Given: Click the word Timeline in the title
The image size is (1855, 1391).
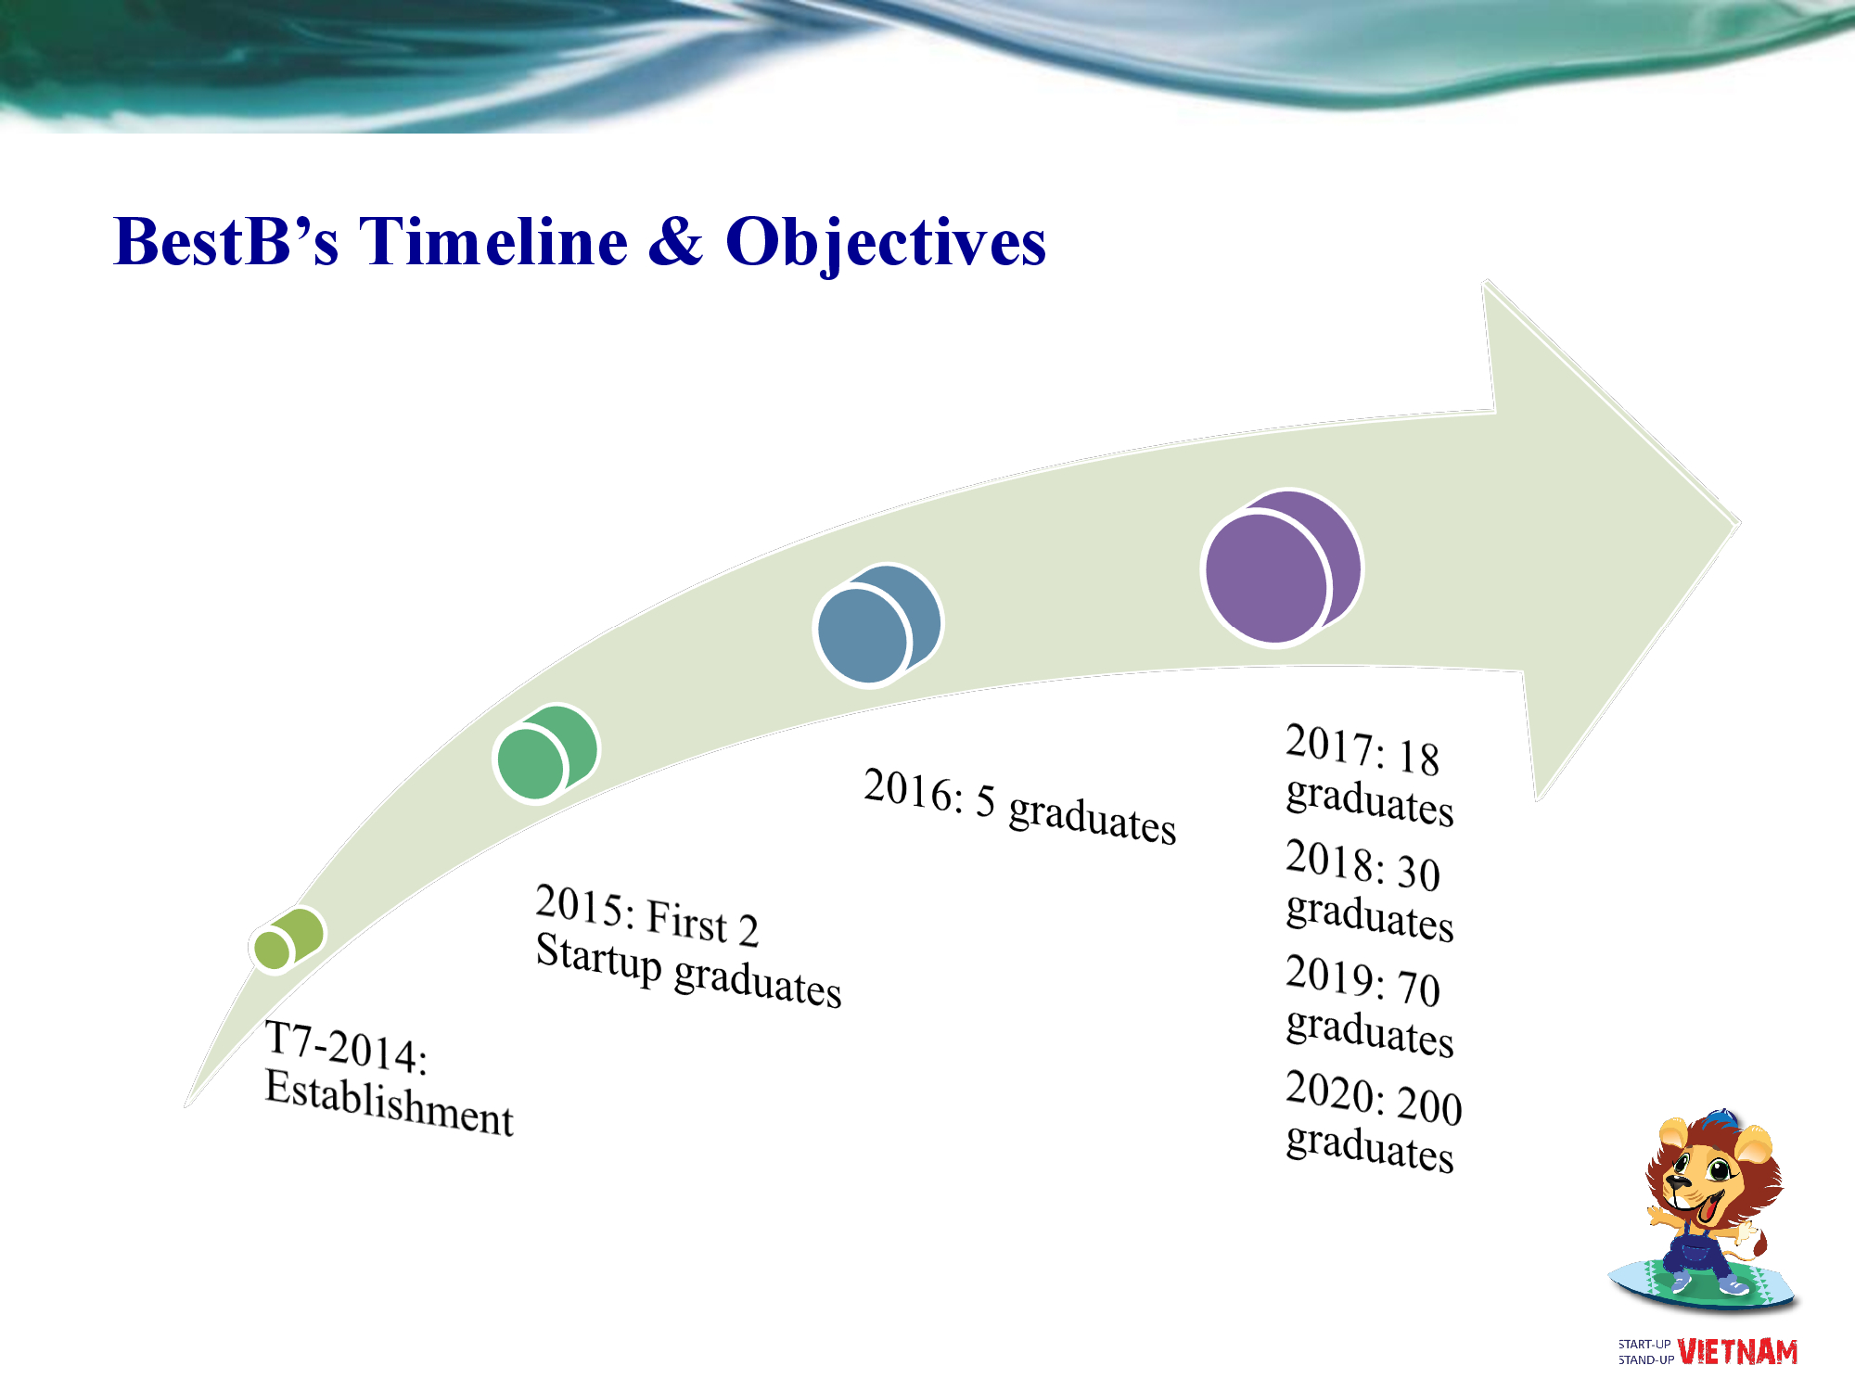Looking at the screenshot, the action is (493, 241).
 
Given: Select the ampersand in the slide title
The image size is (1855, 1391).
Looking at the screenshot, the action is (676, 241).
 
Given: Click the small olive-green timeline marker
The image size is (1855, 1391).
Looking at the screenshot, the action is (288, 939).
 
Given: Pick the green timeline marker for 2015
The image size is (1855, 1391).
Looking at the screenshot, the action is (546, 753).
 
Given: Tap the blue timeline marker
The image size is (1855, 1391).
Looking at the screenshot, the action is (877, 625).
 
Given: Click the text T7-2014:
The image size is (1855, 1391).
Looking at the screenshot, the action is (346, 1048).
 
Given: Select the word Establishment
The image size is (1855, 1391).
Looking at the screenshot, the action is (389, 1103).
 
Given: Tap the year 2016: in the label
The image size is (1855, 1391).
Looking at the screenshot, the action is (914, 791).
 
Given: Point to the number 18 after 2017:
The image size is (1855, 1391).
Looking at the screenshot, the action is (1418, 758).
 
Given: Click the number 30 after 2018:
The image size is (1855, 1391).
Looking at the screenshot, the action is (1418, 874).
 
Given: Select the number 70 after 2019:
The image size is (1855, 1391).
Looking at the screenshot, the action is (1418, 989).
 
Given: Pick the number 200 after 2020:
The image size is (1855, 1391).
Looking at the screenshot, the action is (1429, 1106).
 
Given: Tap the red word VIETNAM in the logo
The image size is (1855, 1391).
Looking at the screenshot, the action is (1737, 1352).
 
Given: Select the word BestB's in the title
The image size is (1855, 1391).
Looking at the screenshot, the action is (225, 241).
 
